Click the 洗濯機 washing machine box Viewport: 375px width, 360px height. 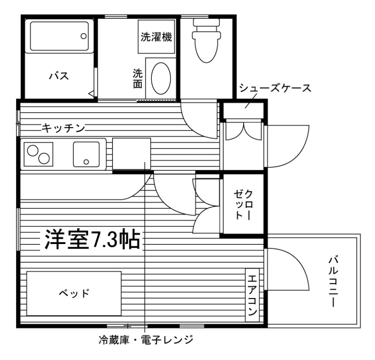(156, 37)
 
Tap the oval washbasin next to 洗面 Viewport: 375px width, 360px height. (161, 78)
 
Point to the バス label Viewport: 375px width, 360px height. (58, 75)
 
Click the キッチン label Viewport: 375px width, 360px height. (63, 128)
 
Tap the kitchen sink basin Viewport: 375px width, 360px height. (87, 153)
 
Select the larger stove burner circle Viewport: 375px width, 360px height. (44, 158)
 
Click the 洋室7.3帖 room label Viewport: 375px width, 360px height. (91, 240)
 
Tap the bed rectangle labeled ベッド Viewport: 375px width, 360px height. (74, 294)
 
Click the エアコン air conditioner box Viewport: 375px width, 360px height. (252, 294)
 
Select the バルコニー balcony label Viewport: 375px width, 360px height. (333, 281)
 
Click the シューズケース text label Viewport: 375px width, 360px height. (275, 87)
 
